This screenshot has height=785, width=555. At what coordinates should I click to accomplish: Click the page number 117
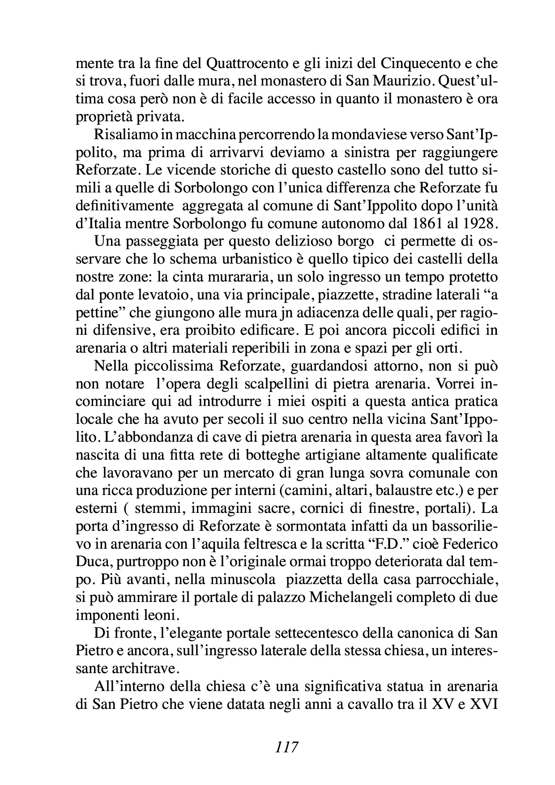click(287, 747)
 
